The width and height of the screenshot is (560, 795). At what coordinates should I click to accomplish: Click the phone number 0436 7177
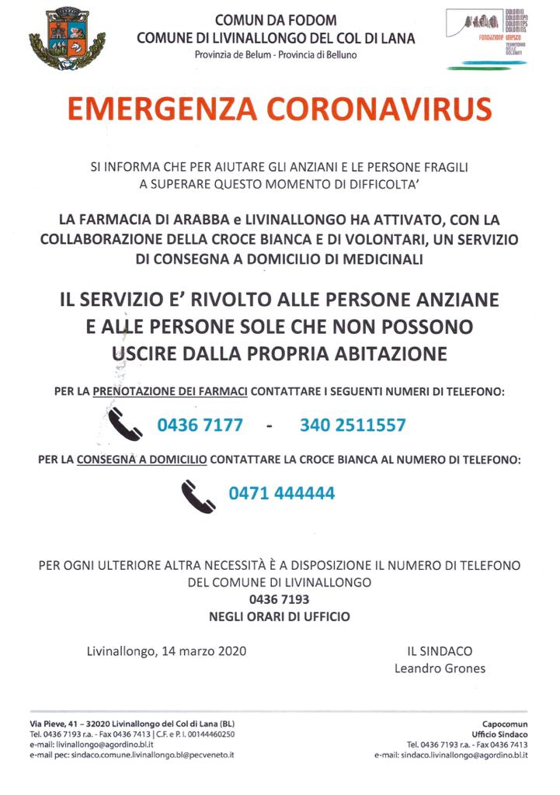pos(200,425)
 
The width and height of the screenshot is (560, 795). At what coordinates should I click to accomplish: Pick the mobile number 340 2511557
pos(353,425)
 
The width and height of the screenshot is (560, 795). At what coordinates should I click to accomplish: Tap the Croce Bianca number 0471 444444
pos(281,493)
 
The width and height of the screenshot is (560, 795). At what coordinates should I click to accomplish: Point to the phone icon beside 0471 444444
pos(197,494)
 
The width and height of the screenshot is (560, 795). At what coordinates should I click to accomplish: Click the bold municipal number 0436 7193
pos(279,599)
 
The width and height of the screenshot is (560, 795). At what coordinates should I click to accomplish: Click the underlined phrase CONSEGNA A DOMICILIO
pos(141,460)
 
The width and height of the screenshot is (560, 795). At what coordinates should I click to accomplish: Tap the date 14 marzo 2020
pos(205,651)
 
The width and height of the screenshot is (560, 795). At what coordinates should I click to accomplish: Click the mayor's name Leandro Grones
pos(440,668)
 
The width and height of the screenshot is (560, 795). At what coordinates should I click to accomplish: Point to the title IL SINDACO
pos(440,651)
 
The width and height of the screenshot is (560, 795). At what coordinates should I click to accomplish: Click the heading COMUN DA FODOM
pos(276,21)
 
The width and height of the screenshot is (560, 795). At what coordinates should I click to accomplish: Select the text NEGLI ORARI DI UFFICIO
pos(279,617)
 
